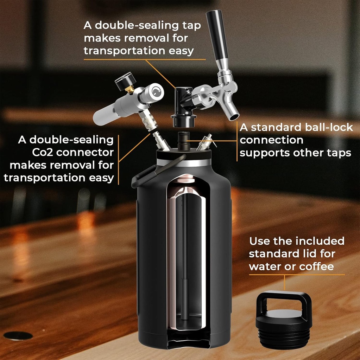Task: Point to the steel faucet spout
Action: point(231,107)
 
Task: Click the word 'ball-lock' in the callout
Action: point(325,127)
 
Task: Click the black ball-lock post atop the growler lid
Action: point(183,141)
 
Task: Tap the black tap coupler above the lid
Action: point(183,105)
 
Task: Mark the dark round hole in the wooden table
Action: point(18,336)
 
